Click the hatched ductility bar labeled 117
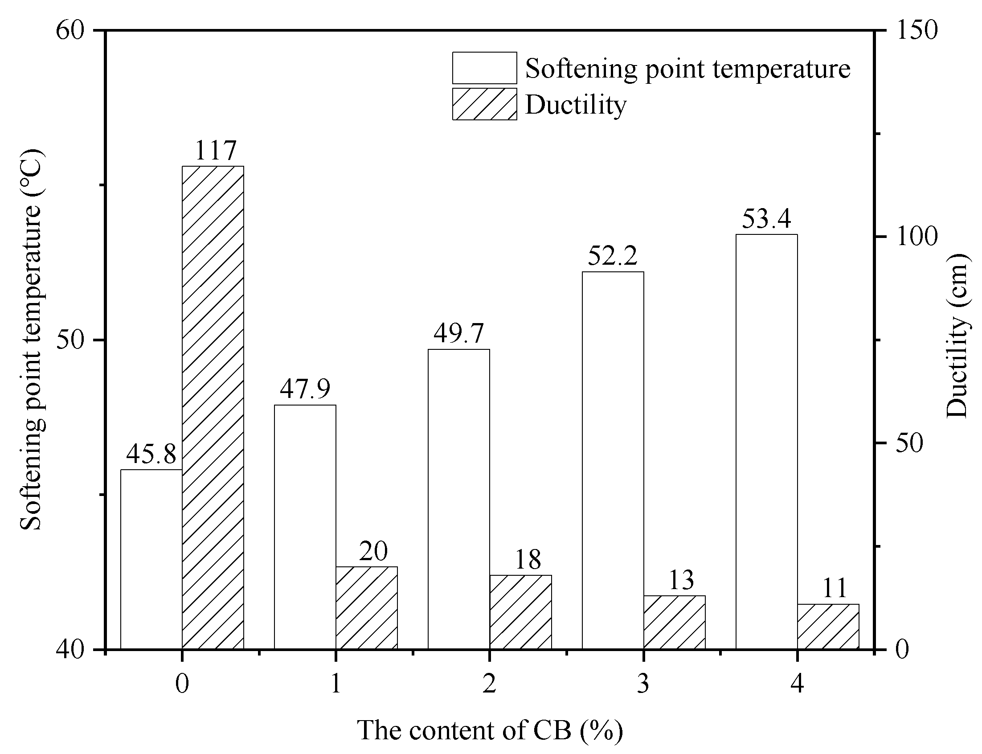tap(213, 407)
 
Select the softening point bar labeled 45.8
tap(151, 559)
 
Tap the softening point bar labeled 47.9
tap(305, 526)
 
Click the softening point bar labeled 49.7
tap(458, 499)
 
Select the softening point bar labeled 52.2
tap(613, 460)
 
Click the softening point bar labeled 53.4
tap(767, 441)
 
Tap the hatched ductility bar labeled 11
tap(828, 626)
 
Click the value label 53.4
tap(766, 219)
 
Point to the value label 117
tap(215, 151)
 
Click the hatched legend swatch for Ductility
tap(484, 104)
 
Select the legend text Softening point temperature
tap(687, 69)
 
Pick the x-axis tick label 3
tap(643, 684)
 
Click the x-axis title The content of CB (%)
tap(490, 730)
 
